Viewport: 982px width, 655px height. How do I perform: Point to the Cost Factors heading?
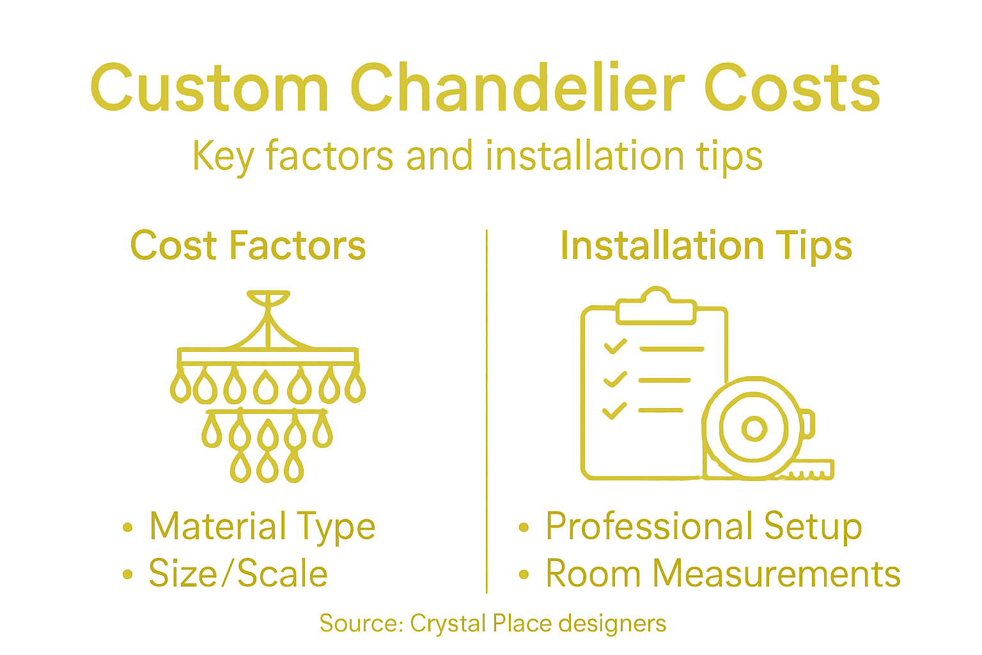point(248,246)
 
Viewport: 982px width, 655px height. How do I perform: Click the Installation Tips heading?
point(706,246)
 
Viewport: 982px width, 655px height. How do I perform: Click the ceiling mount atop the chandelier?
point(269,298)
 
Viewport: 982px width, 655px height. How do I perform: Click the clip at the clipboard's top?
point(655,307)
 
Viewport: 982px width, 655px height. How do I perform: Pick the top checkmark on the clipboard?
point(616,347)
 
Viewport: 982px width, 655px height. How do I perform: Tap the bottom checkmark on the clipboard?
point(614,410)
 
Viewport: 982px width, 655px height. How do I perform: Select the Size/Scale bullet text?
point(238,573)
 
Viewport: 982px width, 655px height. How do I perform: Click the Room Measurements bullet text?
point(722,573)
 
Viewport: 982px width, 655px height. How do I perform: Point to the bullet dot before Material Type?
point(128,528)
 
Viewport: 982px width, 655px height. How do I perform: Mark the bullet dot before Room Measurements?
point(524,574)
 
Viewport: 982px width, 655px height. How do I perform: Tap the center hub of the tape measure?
point(754,429)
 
